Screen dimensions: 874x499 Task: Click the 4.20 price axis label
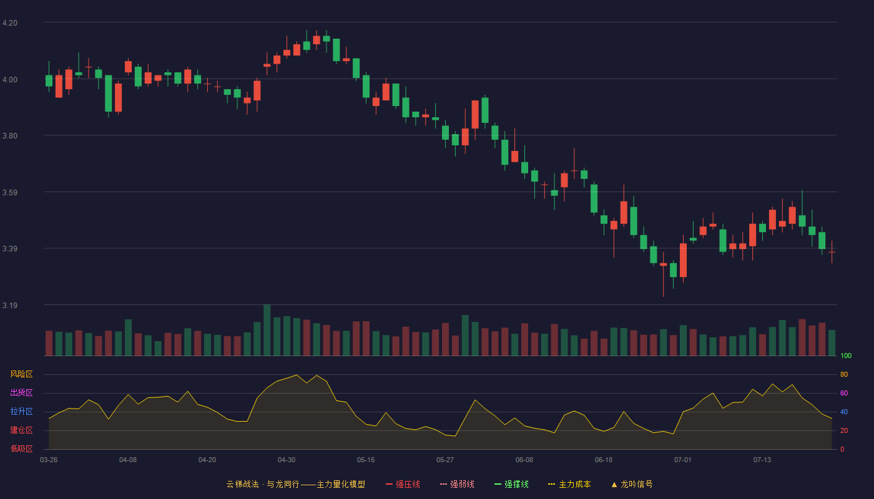[x=10, y=23]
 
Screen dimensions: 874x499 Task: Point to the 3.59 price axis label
[x=10, y=193]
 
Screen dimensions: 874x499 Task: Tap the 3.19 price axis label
[x=10, y=305]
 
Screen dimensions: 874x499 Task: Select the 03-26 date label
[x=49, y=460]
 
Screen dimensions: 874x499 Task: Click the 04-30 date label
[x=287, y=460]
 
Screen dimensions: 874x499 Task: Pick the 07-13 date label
[x=762, y=460]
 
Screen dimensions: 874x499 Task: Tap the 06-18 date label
[x=604, y=460]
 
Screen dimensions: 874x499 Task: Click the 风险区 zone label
[x=21, y=374]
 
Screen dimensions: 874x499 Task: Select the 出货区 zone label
[x=21, y=392]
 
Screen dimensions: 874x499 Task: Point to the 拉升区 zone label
[x=21, y=411]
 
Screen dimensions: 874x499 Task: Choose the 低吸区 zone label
[x=21, y=448]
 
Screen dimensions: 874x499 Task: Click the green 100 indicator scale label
[x=846, y=356]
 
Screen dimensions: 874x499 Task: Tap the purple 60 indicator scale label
[x=844, y=393]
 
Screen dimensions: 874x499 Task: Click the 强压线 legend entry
[x=403, y=484]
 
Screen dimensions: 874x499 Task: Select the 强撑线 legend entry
[x=511, y=484]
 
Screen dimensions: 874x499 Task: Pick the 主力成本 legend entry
[x=569, y=484]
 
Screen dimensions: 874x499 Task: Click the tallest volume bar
[x=267, y=330]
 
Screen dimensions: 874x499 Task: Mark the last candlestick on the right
[x=832, y=252]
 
